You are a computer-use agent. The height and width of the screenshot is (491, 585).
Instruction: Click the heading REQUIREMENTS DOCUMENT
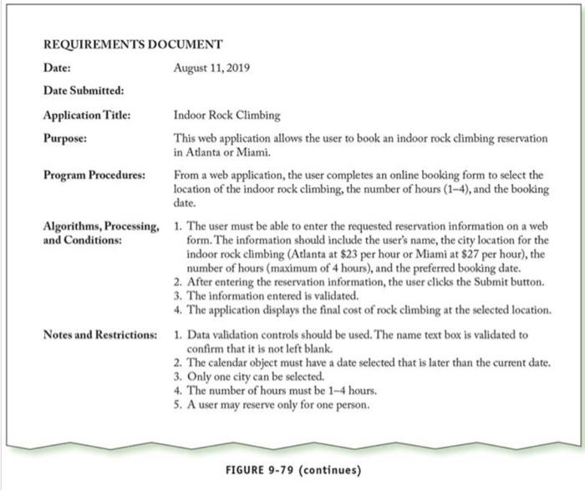[x=132, y=44]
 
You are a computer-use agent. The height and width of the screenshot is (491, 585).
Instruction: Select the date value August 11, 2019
[x=212, y=67]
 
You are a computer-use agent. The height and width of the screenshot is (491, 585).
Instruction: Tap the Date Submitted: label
[x=83, y=90]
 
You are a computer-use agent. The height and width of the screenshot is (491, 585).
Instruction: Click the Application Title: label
[x=87, y=115]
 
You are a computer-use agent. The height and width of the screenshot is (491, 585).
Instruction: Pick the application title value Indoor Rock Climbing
[x=227, y=115]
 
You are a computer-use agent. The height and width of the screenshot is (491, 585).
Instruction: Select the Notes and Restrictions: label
[x=99, y=335]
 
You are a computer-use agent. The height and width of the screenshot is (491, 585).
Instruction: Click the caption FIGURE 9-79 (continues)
[x=293, y=469]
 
